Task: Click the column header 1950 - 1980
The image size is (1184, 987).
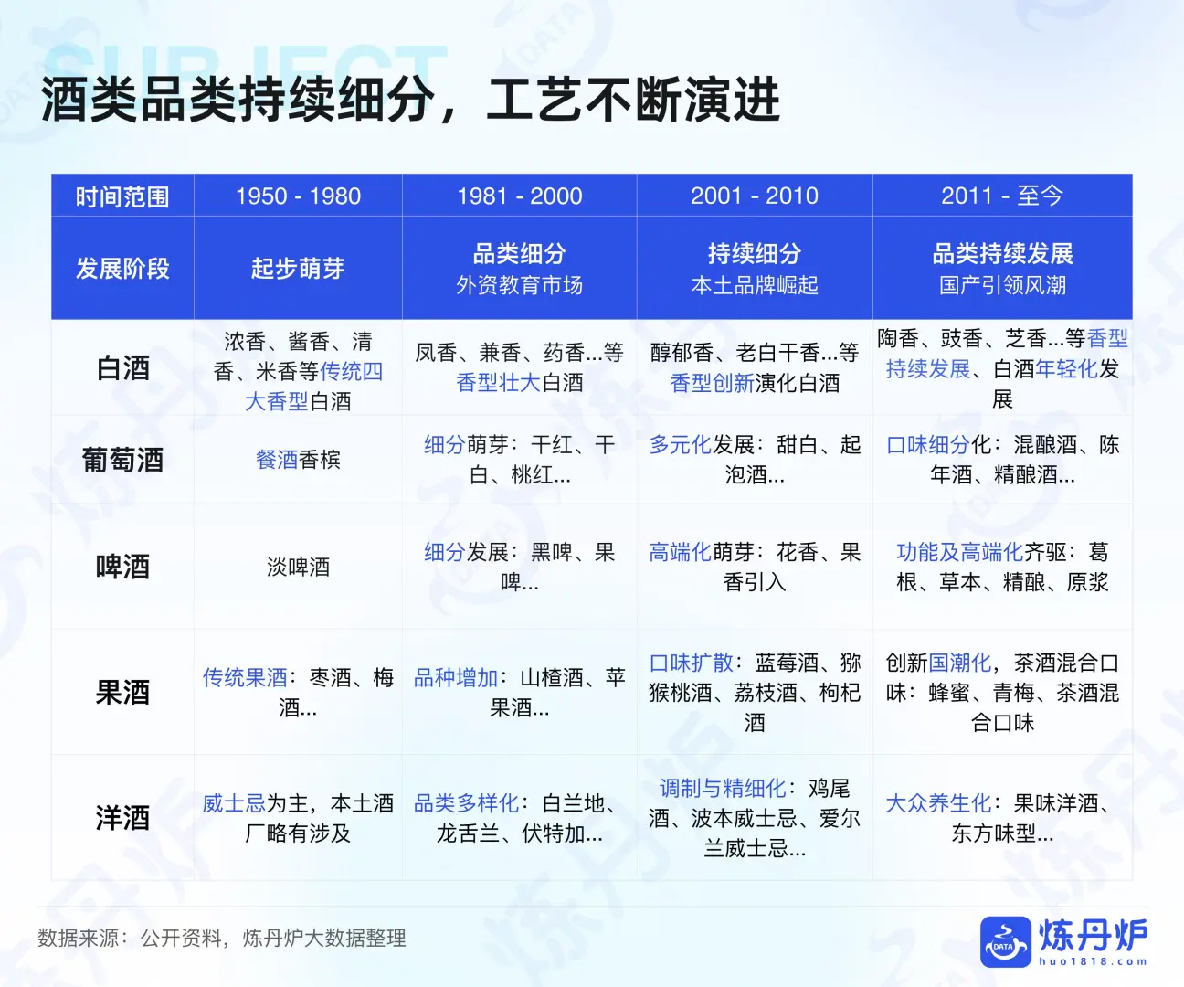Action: pyautogui.click(x=298, y=196)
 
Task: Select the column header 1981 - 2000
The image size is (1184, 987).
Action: pyautogui.click(x=519, y=196)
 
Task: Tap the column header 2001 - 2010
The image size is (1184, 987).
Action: pyautogui.click(x=755, y=196)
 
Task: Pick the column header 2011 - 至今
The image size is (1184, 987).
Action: pyautogui.click(x=1002, y=196)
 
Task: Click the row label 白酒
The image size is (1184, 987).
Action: pyautogui.click(x=122, y=368)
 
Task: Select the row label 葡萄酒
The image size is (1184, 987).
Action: pyautogui.click(x=122, y=460)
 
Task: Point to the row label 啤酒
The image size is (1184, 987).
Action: pyautogui.click(x=122, y=567)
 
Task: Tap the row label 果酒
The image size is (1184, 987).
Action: pyautogui.click(x=122, y=692)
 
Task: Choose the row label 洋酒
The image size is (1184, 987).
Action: pyautogui.click(x=122, y=817)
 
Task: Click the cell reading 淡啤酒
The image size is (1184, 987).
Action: pyautogui.click(x=298, y=567)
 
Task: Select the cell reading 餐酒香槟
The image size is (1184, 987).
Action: pyautogui.click(x=298, y=460)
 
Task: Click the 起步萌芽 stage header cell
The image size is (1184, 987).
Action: pyautogui.click(x=298, y=269)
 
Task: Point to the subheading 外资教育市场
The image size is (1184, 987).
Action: pyautogui.click(x=519, y=286)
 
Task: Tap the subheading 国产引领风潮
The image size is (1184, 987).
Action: pyautogui.click(x=1002, y=286)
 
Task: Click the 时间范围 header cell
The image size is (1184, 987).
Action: pyautogui.click(x=122, y=196)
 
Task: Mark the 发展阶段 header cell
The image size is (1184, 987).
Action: pyautogui.click(x=122, y=269)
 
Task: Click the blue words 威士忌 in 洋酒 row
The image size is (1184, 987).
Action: pyautogui.click(x=234, y=803)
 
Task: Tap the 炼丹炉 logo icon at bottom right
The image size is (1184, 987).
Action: pyautogui.click(x=1005, y=941)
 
